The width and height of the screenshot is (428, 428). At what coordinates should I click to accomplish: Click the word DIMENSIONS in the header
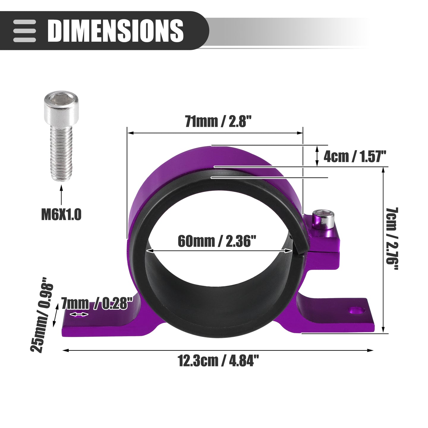click(x=116, y=31)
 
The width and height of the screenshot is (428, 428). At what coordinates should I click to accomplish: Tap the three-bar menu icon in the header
click(x=24, y=31)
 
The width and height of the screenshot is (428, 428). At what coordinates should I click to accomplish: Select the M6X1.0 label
click(x=61, y=215)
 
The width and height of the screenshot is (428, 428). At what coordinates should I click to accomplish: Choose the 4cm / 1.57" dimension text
click(x=355, y=156)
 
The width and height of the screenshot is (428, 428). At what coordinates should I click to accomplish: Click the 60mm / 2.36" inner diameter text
click(x=217, y=241)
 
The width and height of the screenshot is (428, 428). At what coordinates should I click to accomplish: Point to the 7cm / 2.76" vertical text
click(x=391, y=239)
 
